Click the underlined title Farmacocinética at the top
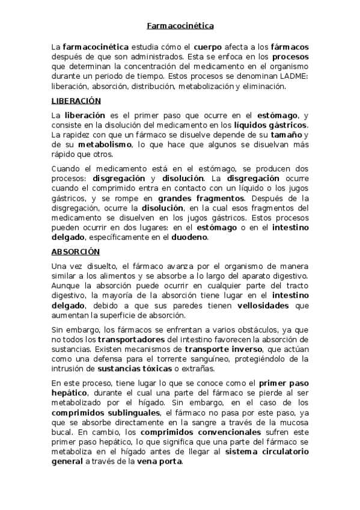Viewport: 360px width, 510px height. coord(180,26)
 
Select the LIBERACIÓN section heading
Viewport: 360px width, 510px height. coord(76,100)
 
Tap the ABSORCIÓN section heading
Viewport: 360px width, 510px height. coord(75,251)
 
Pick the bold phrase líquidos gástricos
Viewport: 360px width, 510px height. coord(270,124)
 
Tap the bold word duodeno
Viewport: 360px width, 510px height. coord(189,237)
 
